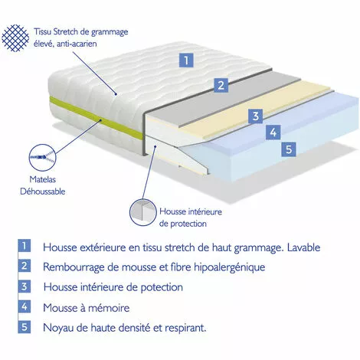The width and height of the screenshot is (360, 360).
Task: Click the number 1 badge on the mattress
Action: click(185, 59)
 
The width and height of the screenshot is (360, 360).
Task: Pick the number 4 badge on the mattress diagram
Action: click(272, 133)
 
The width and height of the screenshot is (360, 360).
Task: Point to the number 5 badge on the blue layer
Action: click(288, 149)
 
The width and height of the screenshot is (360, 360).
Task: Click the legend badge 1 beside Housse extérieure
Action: click(25, 247)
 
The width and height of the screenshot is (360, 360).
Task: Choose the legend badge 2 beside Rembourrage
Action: click(25, 267)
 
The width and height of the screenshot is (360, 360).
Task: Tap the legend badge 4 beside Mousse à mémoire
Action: click(25, 308)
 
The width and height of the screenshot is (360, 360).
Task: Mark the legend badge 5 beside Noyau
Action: click(25, 328)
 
